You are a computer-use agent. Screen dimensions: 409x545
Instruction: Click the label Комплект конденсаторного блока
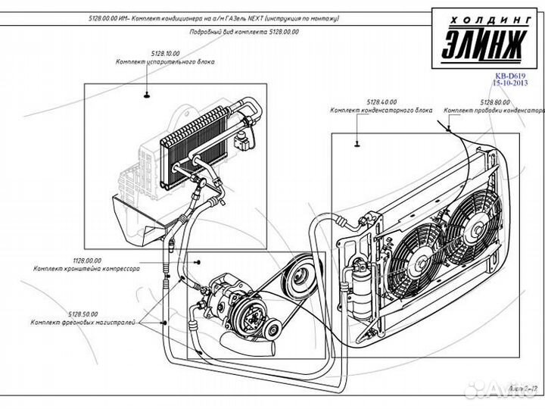tap(381, 109)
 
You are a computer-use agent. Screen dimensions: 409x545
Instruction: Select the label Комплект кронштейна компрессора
tap(84, 268)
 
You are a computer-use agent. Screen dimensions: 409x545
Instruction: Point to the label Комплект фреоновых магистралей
tap(83, 322)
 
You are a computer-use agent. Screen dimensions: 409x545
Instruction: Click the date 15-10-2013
tap(509, 83)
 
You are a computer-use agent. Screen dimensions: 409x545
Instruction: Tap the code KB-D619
tap(509, 76)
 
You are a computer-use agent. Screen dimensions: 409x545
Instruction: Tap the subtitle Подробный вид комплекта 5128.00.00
tap(244, 33)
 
